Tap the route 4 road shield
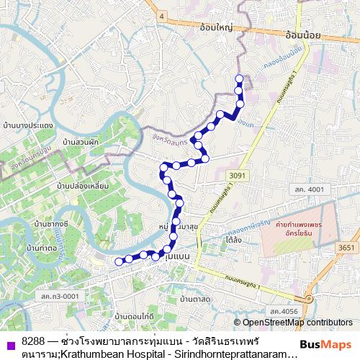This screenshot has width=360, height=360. click(x=163, y=15)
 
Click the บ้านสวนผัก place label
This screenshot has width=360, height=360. click(x=80, y=142)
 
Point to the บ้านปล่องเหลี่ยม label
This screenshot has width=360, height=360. click(x=83, y=186)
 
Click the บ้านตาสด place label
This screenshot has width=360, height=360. click(x=195, y=298)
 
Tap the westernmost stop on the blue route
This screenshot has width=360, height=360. click(x=119, y=261)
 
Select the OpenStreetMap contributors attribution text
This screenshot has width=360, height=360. click(x=293, y=323)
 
